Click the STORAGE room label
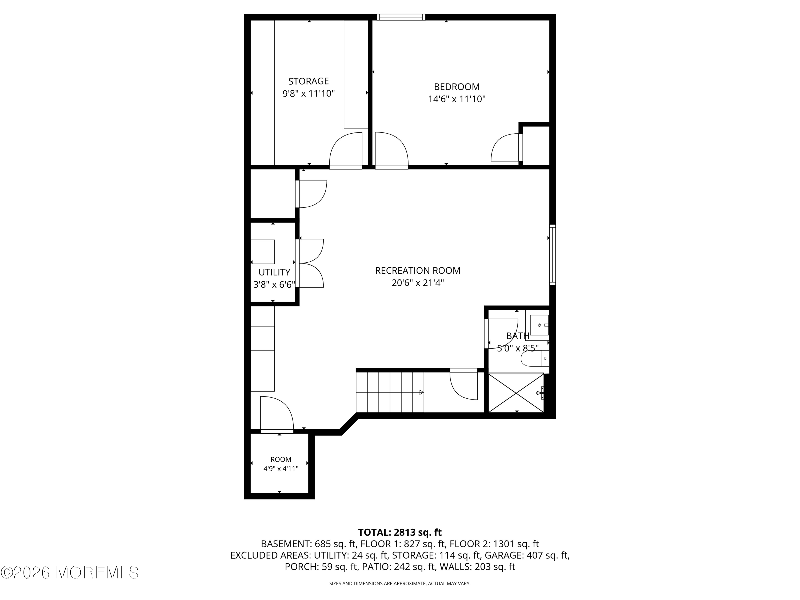[x=309, y=81]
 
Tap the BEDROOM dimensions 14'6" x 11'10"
[x=457, y=99]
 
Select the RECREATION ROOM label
[x=418, y=270]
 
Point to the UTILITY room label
[x=274, y=272]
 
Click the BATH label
[x=518, y=336]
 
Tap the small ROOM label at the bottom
[x=281, y=459]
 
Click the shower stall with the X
[x=516, y=393]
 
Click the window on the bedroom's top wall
[x=401, y=17]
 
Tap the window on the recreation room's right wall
[x=553, y=255]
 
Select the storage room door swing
[x=345, y=150]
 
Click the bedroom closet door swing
[x=506, y=147]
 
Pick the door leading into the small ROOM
[x=277, y=414]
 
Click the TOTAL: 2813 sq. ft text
[x=400, y=532]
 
